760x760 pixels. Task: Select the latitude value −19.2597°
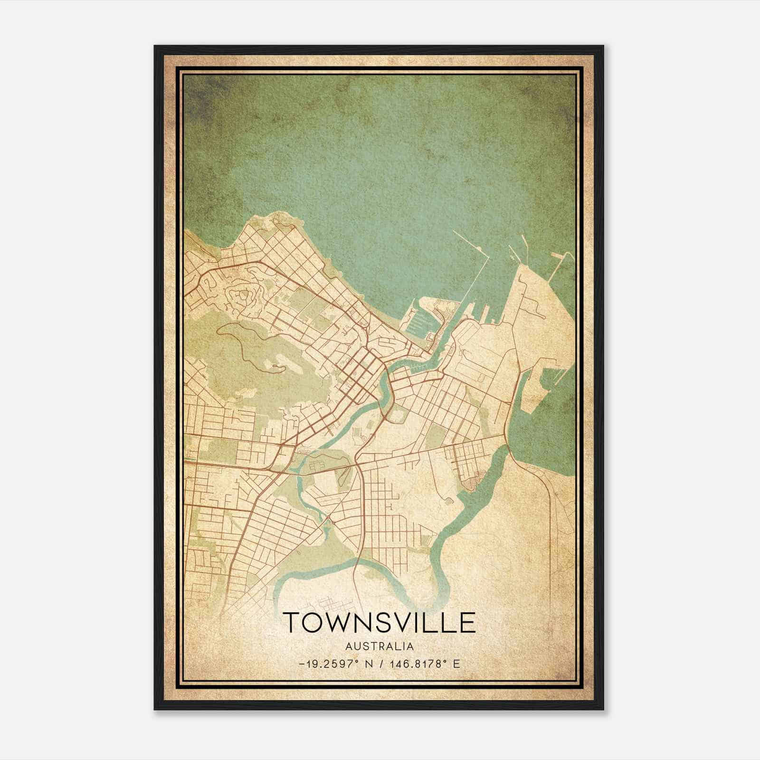(327, 664)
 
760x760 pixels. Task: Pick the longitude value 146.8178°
(418, 664)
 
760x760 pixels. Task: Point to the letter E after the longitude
(456, 664)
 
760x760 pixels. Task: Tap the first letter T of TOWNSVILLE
(292, 622)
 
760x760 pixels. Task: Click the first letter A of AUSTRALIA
(349, 646)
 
